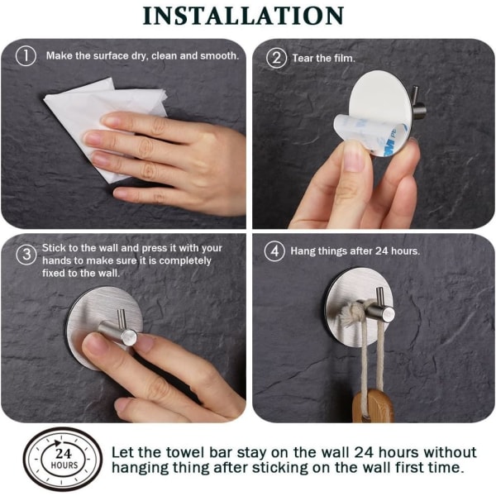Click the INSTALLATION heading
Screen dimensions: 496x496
coord(243,16)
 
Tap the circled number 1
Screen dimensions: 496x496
coord(26,56)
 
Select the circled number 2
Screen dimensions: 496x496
coord(276,58)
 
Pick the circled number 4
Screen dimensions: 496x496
coord(274,251)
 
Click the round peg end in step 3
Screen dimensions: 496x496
coord(129,337)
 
